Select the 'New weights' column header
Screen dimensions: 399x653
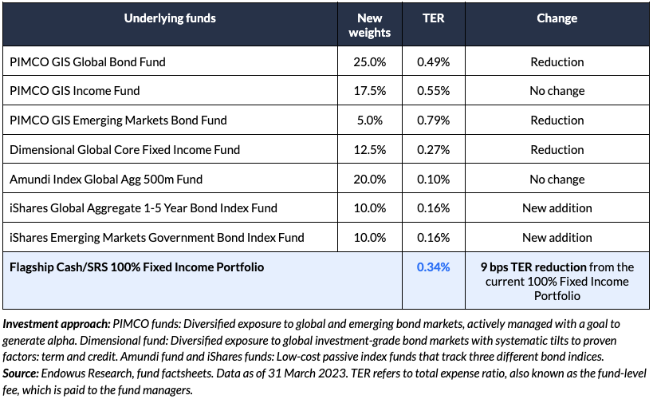pyautogui.click(x=370, y=25)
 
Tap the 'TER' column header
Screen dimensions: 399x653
pyautogui.click(x=433, y=18)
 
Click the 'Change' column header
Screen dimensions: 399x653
pyautogui.click(x=557, y=18)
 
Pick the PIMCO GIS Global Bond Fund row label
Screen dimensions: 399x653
pyautogui.click(x=88, y=61)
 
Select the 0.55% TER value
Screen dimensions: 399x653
pyautogui.click(x=433, y=91)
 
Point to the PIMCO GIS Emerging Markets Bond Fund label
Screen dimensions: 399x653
pyautogui.click(x=118, y=120)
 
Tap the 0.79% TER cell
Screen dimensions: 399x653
pyautogui.click(x=433, y=120)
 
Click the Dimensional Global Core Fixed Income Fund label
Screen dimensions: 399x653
pyautogui.click(x=124, y=149)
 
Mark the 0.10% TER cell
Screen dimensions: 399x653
pyautogui.click(x=433, y=179)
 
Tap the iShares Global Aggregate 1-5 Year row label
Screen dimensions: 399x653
pyautogui.click(x=144, y=208)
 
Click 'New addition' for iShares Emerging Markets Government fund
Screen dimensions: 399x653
pyautogui.click(x=557, y=238)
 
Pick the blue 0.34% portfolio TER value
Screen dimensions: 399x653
pyautogui.click(x=433, y=267)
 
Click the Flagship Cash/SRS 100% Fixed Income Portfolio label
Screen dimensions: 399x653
pyautogui.click(x=136, y=267)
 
